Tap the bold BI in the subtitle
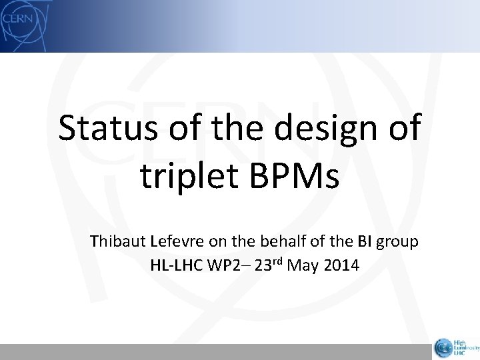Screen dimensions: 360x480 (x=368, y=241)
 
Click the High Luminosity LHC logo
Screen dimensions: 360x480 (x=454, y=346)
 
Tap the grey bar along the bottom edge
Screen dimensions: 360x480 (x=213, y=352)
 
